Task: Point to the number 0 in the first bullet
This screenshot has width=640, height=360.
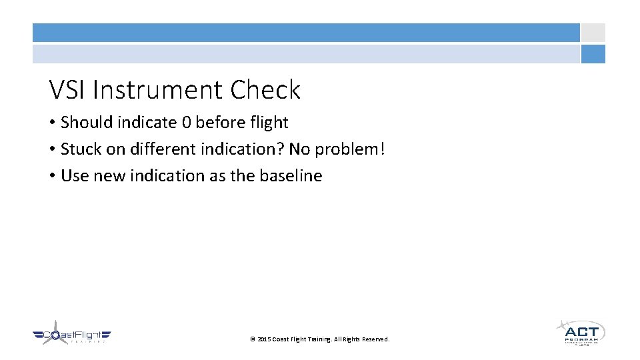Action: [x=186, y=123]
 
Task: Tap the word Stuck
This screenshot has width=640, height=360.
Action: [x=79, y=149]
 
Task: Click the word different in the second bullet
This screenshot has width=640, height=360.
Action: [x=156, y=149]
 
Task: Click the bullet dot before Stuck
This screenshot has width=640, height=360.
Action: [x=52, y=149]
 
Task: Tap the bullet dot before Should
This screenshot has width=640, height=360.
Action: [x=52, y=123]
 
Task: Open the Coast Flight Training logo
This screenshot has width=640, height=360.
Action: [x=71, y=333]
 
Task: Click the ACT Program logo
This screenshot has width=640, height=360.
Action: [x=581, y=332]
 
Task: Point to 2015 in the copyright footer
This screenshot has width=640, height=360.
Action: [x=264, y=339]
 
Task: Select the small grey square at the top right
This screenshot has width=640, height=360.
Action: [x=593, y=33]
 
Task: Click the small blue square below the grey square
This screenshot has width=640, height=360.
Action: [x=593, y=54]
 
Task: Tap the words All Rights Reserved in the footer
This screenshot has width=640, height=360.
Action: [x=365, y=339]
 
